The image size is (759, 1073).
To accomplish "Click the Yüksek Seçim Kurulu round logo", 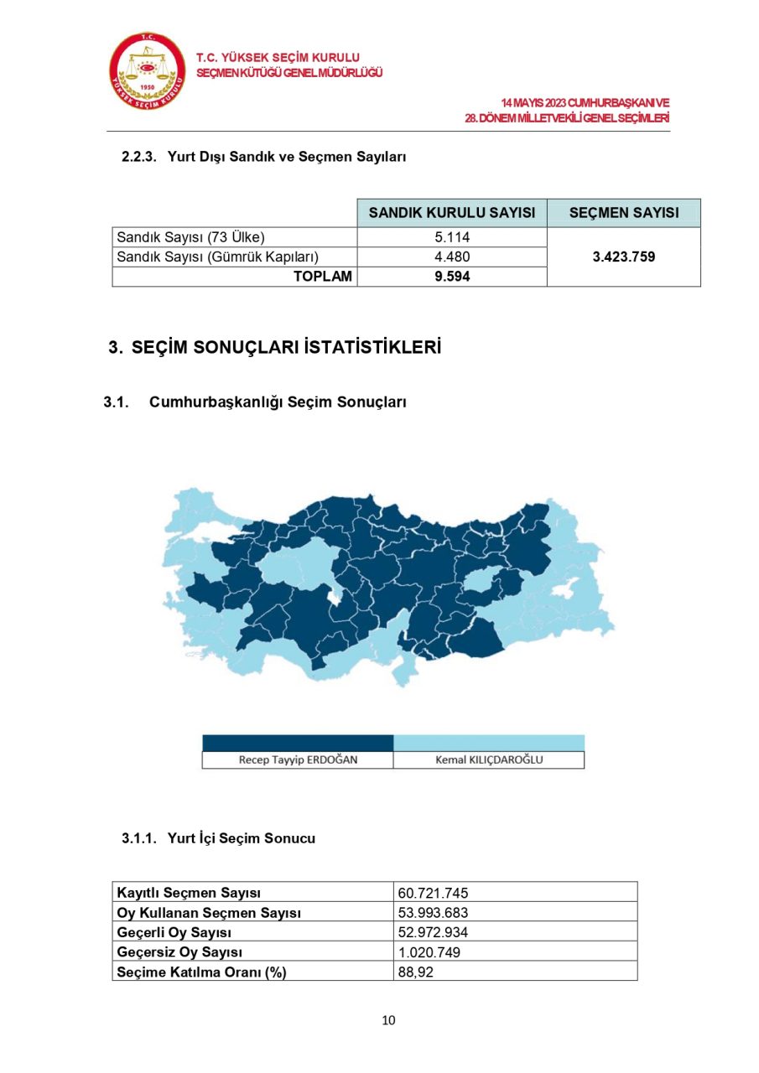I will pos(148,71).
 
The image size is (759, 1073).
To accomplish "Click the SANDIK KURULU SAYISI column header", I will pos(452,213).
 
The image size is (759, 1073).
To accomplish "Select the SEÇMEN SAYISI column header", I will pos(624,213).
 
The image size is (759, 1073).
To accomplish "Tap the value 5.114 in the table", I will pos(452,237).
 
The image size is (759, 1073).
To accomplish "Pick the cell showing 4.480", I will pos(452,257).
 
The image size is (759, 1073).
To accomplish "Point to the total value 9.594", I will pos(452,277).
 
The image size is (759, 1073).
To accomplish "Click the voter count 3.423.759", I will pos(624,257).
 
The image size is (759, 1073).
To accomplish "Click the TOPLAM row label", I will pos(323,277).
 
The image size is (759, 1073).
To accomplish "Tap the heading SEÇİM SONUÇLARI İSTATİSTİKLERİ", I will pos(285,348).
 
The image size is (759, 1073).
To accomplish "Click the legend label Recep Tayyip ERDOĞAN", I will pos(298,760).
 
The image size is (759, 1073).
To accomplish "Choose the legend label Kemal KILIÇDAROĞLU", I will pos(489,760).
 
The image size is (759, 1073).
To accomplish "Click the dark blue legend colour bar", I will pos(298,743).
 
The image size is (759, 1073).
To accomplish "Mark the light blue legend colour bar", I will pos(489,743).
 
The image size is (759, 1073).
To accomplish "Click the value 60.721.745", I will pos(433,893).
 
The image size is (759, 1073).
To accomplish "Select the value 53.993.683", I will pos(433,913).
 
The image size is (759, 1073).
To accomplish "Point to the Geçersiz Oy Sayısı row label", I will pos(179,952).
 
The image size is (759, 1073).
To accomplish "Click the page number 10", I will pos(388,1020).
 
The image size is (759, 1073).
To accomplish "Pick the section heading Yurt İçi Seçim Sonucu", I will pos(242,838).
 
